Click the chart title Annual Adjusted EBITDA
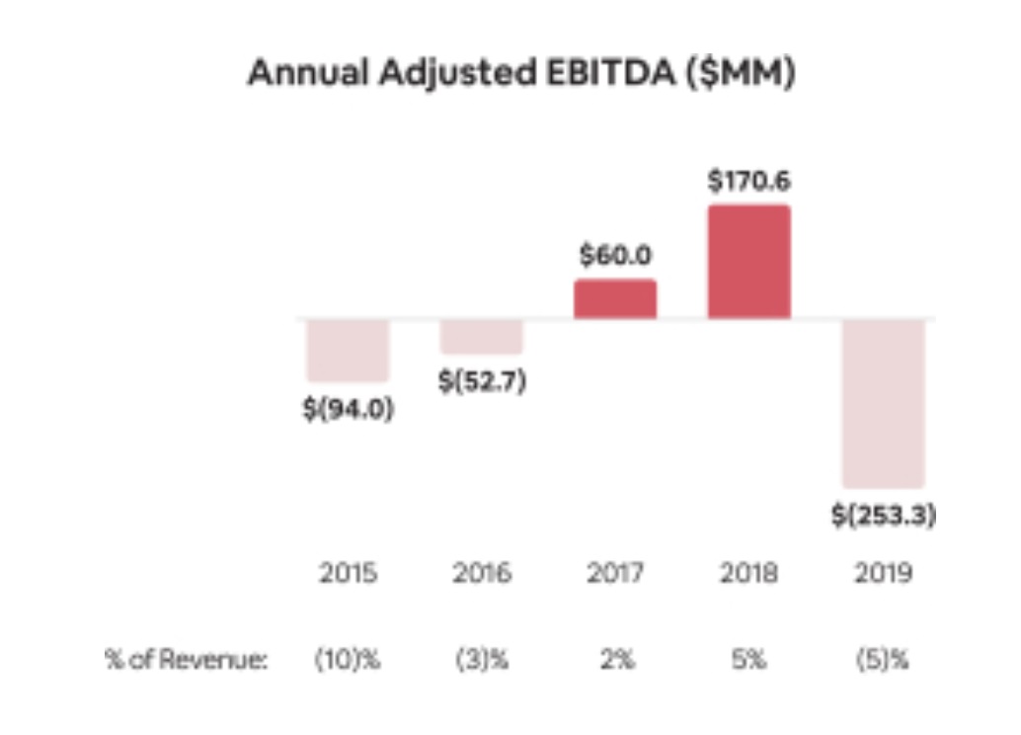520,75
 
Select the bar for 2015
348,351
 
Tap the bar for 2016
481,337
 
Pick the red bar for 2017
615,298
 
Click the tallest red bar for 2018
748,262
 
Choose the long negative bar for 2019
883,403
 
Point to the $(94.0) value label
348,409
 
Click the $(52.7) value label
481,382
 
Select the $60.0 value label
615,256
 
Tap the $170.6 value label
749,182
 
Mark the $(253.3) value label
883,516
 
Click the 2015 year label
348,573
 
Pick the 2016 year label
481,573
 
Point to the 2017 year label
615,573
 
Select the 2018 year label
749,573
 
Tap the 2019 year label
883,573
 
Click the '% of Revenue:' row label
187,660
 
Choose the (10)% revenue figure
348,660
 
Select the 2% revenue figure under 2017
615,660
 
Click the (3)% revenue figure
481,660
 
